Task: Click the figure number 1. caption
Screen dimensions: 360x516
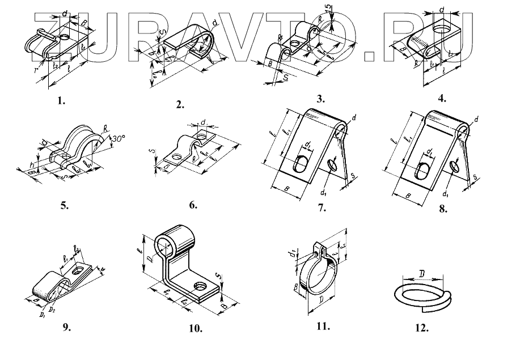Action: tap(61, 102)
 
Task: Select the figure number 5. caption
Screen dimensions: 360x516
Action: tap(64, 206)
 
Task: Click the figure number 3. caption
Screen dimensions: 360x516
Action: tap(320, 98)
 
